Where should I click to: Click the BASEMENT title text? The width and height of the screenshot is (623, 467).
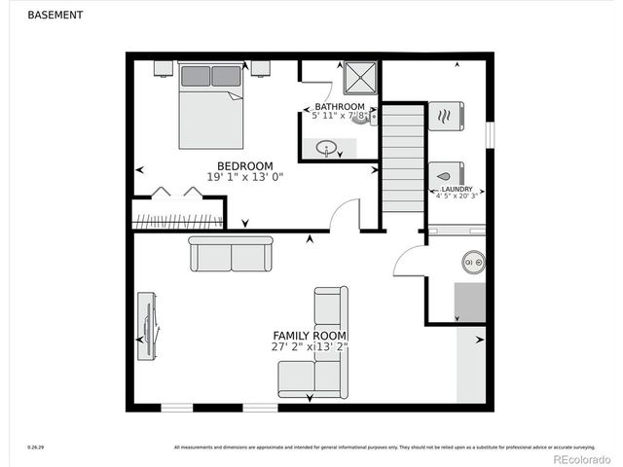[55, 16]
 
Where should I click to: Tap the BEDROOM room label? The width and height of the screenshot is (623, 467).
[244, 165]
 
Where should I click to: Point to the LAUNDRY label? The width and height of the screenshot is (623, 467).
[457, 189]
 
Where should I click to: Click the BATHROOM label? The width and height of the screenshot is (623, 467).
[339, 107]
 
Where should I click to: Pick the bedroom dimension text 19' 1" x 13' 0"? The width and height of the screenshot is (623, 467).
[244, 177]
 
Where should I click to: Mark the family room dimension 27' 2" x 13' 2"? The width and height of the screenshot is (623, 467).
[310, 346]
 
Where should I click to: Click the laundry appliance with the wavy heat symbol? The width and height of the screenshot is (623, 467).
[447, 116]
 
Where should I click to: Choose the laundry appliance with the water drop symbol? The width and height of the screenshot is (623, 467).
[447, 174]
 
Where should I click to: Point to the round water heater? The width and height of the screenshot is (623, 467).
[474, 262]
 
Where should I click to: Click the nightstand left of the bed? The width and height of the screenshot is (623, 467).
[164, 67]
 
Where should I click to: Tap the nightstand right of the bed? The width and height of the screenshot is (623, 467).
[260, 67]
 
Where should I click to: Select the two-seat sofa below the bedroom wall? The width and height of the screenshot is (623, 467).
[231, 255]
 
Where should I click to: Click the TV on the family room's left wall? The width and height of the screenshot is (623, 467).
[147, 327]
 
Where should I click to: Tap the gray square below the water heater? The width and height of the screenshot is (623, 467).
[470, 302]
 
